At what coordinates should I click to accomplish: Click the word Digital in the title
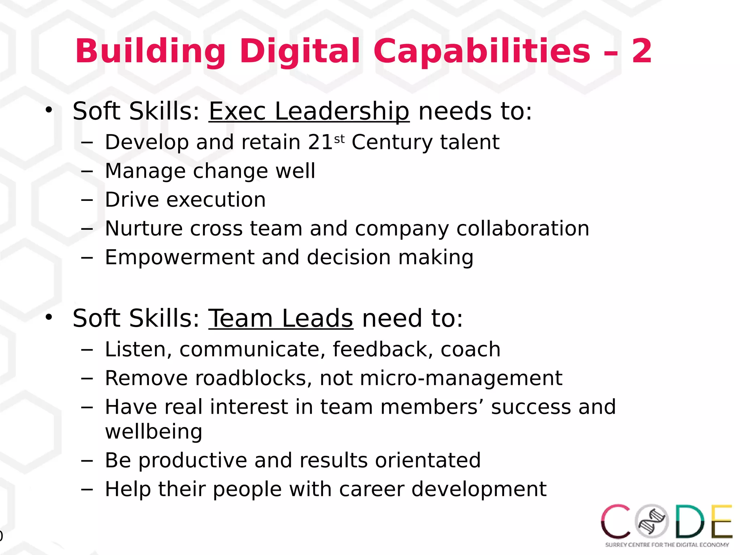pyautogui.click(x=300, y=51)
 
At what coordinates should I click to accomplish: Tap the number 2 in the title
pyautogui.click(x=642, y=51)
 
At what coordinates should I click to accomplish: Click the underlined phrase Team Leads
pyautogui.click(x=281, y=318)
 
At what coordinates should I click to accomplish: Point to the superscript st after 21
pyautogui.click(x=339, y=139)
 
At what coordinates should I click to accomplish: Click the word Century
pyautogui.click(x=392, y=142)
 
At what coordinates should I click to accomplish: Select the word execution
pyautogui.click(x=216, y=199)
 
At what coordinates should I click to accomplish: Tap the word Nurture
pyautogui.click(x=143, y=228)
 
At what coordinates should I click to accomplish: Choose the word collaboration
pyautogui.click(x=522, y=228)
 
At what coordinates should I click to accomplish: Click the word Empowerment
pyautogui.click(x=180, y=257)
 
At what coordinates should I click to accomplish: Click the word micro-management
pyautogui.click(x=461, y=378)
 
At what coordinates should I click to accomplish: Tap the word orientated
pyautogui.click(x=428, y=460)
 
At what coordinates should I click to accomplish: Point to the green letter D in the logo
pyautogui.click(x=690, y=521)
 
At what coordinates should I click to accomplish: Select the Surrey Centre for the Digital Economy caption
pyautogui.click(x=667, y=545)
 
